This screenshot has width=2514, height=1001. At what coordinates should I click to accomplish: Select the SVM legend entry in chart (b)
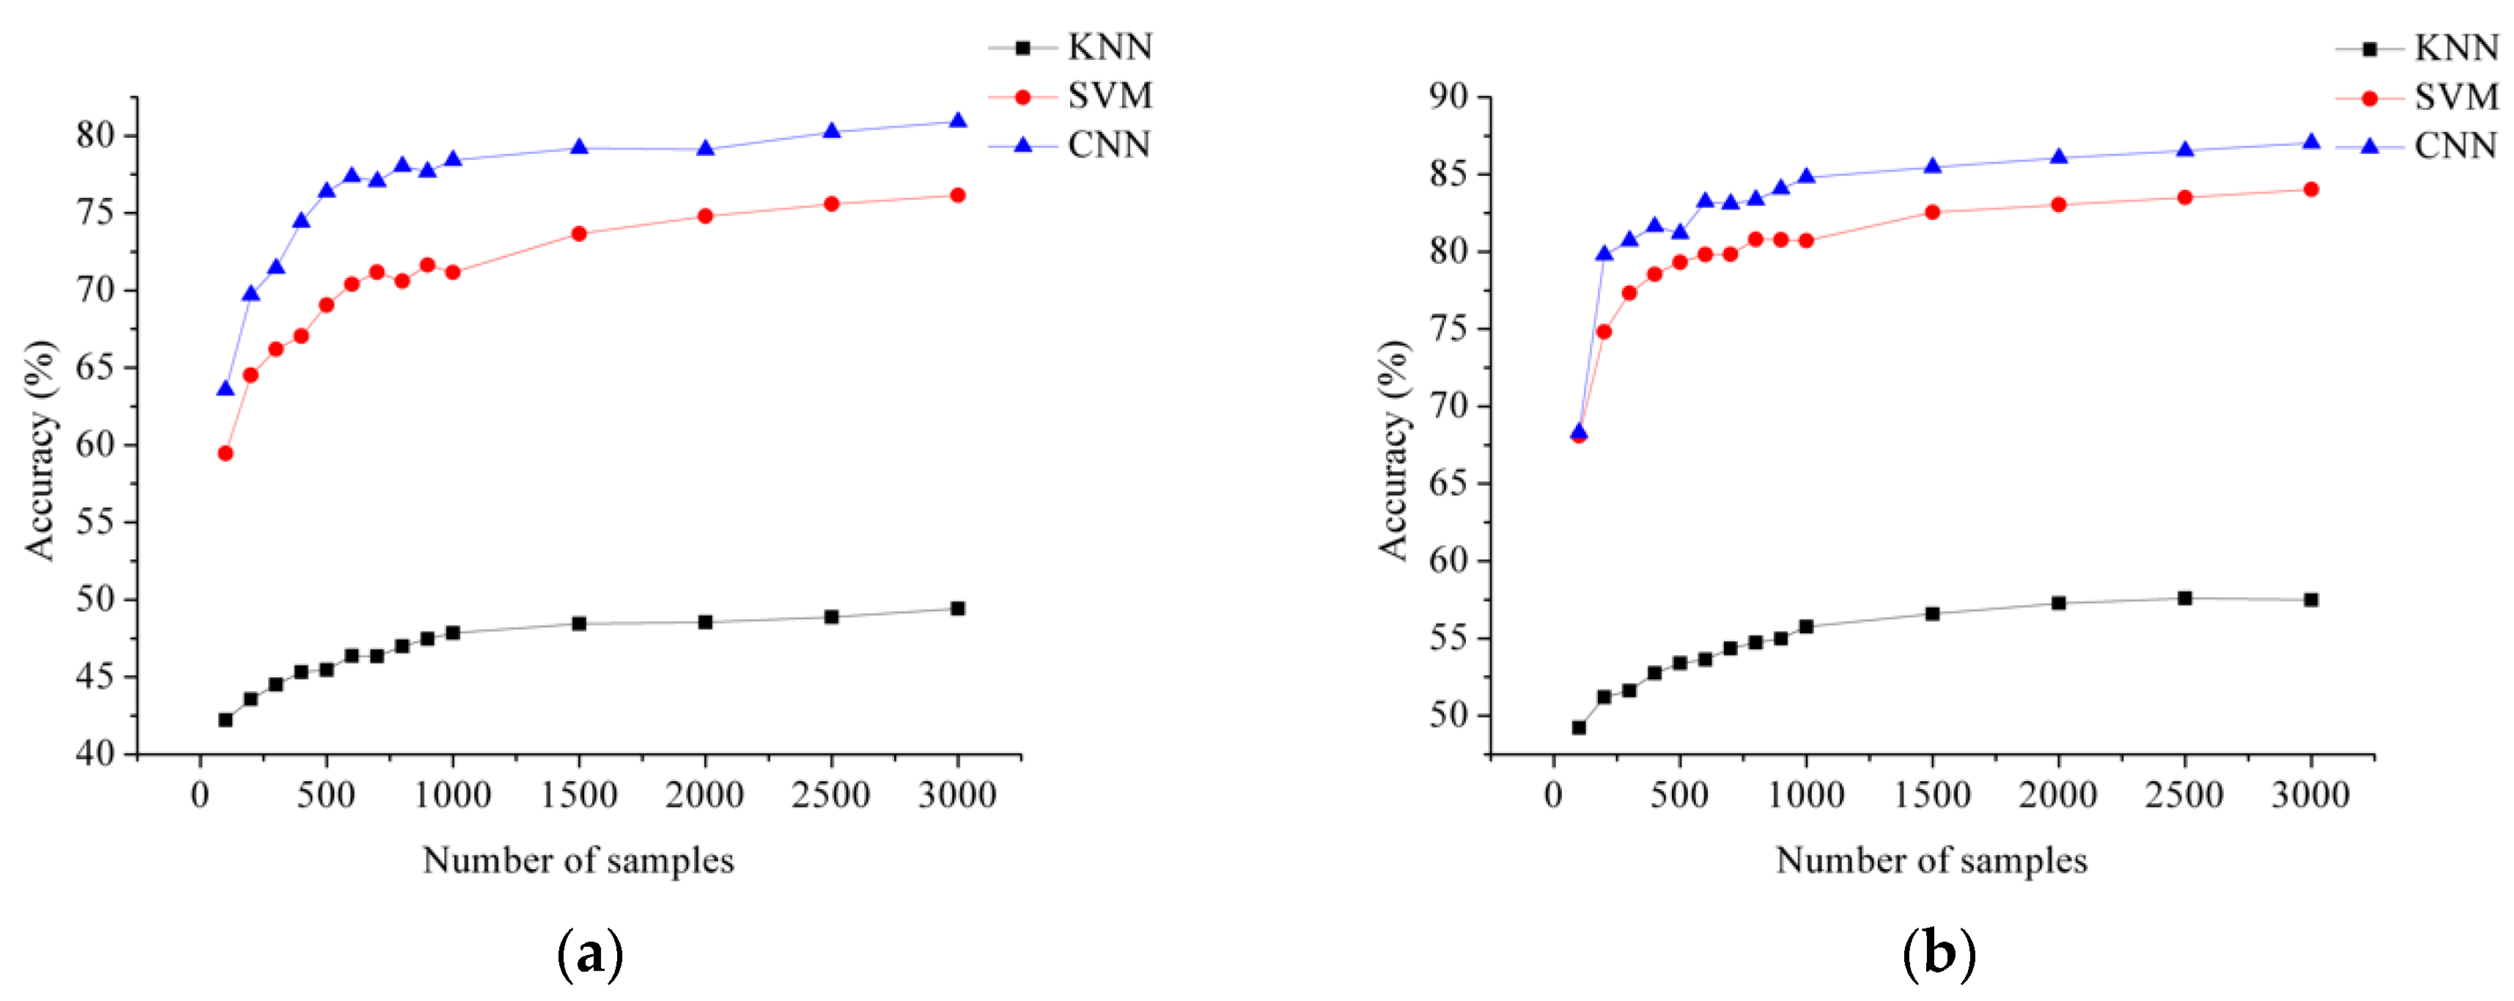point(2455,97)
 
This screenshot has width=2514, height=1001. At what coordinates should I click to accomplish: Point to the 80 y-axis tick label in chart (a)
point(95,135)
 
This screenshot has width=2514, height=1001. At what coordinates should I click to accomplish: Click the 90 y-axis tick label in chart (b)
point(1448,97)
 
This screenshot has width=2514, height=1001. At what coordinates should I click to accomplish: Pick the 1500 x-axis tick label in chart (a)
point(579,795)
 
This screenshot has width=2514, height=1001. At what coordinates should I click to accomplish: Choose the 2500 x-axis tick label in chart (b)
point(2184,795)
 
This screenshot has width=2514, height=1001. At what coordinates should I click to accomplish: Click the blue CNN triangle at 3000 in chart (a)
point(957,121)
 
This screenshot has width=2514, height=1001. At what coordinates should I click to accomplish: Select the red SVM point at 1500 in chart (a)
point(579,233)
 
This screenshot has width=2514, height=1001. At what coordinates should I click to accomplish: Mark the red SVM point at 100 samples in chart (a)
point(226,453)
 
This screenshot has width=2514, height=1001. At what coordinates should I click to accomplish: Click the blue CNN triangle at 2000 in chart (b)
point(2058,157)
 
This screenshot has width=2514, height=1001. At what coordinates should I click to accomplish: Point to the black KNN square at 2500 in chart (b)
point(2184,598)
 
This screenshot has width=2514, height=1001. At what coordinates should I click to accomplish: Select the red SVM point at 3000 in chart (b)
point(2310,189)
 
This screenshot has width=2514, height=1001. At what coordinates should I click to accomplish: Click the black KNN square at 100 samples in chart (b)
point(1578,728)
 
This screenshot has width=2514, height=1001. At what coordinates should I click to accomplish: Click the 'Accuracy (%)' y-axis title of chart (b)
point(1393,450)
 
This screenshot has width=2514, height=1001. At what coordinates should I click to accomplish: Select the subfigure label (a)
point(589,954)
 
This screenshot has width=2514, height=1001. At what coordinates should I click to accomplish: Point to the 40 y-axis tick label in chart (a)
point(95,754)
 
